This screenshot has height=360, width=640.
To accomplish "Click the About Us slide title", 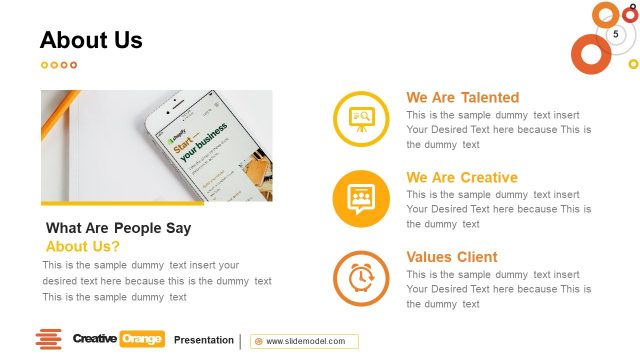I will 91,41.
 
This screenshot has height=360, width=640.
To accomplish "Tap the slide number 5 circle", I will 616,35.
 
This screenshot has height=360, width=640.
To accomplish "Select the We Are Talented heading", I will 462,98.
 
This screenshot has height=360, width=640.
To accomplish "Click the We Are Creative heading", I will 461,178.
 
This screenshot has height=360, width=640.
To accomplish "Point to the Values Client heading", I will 451,257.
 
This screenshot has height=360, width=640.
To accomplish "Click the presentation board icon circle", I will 361,118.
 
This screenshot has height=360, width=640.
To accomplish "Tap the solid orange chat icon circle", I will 361,197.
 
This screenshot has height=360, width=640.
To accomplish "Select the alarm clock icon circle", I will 361,277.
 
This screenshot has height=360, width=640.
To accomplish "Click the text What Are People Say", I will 118,228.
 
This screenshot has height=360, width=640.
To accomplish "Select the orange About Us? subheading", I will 83,246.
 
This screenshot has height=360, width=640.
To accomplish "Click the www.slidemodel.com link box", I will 305,341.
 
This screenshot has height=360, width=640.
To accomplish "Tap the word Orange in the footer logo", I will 142,339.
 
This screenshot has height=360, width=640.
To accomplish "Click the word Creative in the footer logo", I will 95,339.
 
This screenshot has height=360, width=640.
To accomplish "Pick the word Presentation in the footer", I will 204,340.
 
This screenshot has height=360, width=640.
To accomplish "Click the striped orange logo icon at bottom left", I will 48,339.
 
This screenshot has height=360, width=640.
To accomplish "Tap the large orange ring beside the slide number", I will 590,53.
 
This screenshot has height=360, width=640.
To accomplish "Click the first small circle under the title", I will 44,65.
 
